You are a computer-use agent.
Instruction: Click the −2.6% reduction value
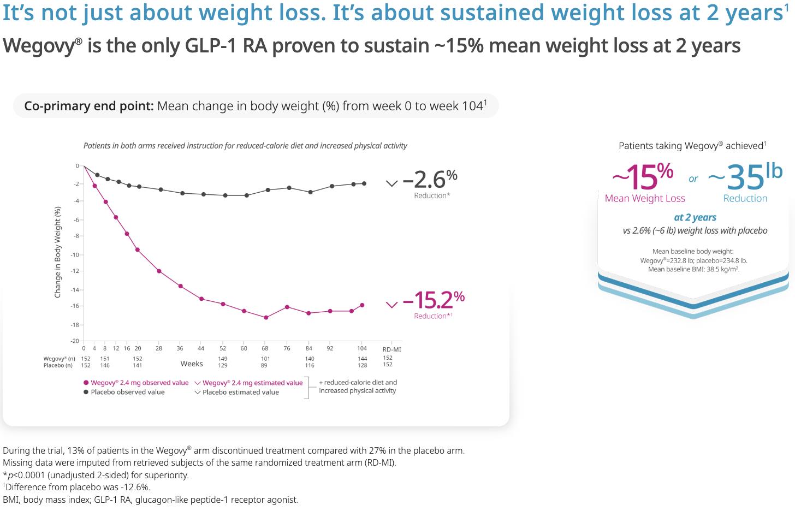pyautogui.click(x=430, y=180)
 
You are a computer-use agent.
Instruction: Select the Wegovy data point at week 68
pyautogui.click(x=266, y=317)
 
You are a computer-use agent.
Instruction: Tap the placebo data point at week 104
pyautogui.click(x=364, y=183)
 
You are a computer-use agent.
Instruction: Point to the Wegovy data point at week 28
pyautogui.click(x=159, y=271)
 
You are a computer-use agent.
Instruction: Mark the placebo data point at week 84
pyautogui.click(x=310, y=192)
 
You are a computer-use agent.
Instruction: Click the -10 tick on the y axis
pyautogui.click(x=75, y=255)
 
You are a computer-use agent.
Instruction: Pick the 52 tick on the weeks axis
pyautogui.click(x=223, y=348)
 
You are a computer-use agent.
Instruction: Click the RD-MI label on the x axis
pyautogui.click(x=391, y=349)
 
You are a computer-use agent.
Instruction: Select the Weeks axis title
pyautogui.click(x=192, y=364)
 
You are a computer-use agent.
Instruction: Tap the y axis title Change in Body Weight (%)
pyautogui.click(x=58, y=252)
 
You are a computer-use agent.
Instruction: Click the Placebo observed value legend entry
pyautogui.click(x=127, y=392)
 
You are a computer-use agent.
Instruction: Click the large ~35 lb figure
pyautogui.click(x=746, y=177)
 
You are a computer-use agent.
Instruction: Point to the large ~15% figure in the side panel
pyautogui.click(x=643, y=177)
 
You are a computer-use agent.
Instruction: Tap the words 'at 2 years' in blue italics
pyautogui.click(x=695, y=217)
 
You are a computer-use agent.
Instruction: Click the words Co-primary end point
pyautogui.click(x=89, y=106)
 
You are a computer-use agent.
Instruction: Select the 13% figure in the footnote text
pyautogui.click(x=76, y=451)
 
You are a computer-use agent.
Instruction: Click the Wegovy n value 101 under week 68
pyautogui.click(x=265, y=359)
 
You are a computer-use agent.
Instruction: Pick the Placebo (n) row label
pyautogui.click(x=58, y=365)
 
